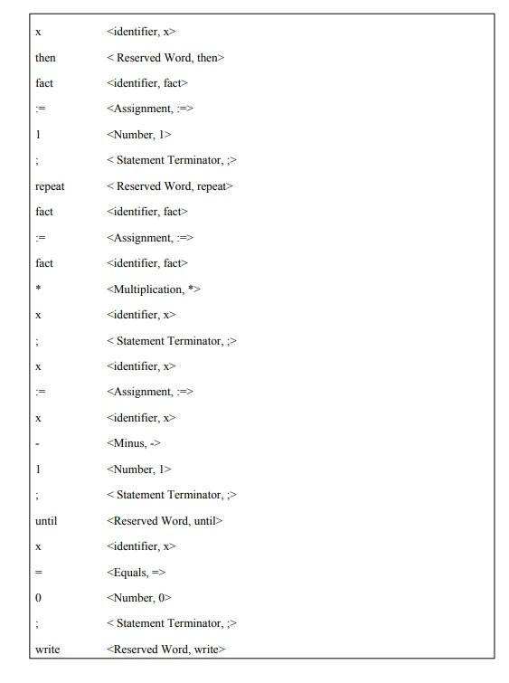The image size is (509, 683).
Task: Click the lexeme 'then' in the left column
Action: (45, 58)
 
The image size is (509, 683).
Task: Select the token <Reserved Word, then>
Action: (165, 58)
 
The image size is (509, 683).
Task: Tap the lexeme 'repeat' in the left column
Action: (50, 186)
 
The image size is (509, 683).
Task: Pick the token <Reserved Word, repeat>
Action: (169, 186)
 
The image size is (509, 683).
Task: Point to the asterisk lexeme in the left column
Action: (38, 289)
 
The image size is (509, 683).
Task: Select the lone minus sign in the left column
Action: (37, 443)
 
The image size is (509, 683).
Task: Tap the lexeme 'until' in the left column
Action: (46, 521)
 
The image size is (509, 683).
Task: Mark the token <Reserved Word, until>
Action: (164, 521)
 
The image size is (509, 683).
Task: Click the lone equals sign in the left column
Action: (38, 573)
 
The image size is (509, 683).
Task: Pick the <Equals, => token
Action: (136, 573)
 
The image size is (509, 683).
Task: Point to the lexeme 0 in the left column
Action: (38, 598)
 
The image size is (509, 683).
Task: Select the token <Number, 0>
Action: (138, 598)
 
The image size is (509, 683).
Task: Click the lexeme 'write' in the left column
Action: (47, 650)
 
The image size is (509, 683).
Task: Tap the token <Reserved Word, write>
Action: (165, 650)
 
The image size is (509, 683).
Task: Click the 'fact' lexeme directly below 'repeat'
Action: (44, 212)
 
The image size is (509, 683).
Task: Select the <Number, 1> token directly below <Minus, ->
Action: (138, 470)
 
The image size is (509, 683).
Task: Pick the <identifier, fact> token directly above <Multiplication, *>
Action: (146, 263)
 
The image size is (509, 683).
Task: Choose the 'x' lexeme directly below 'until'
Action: (38, 546)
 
